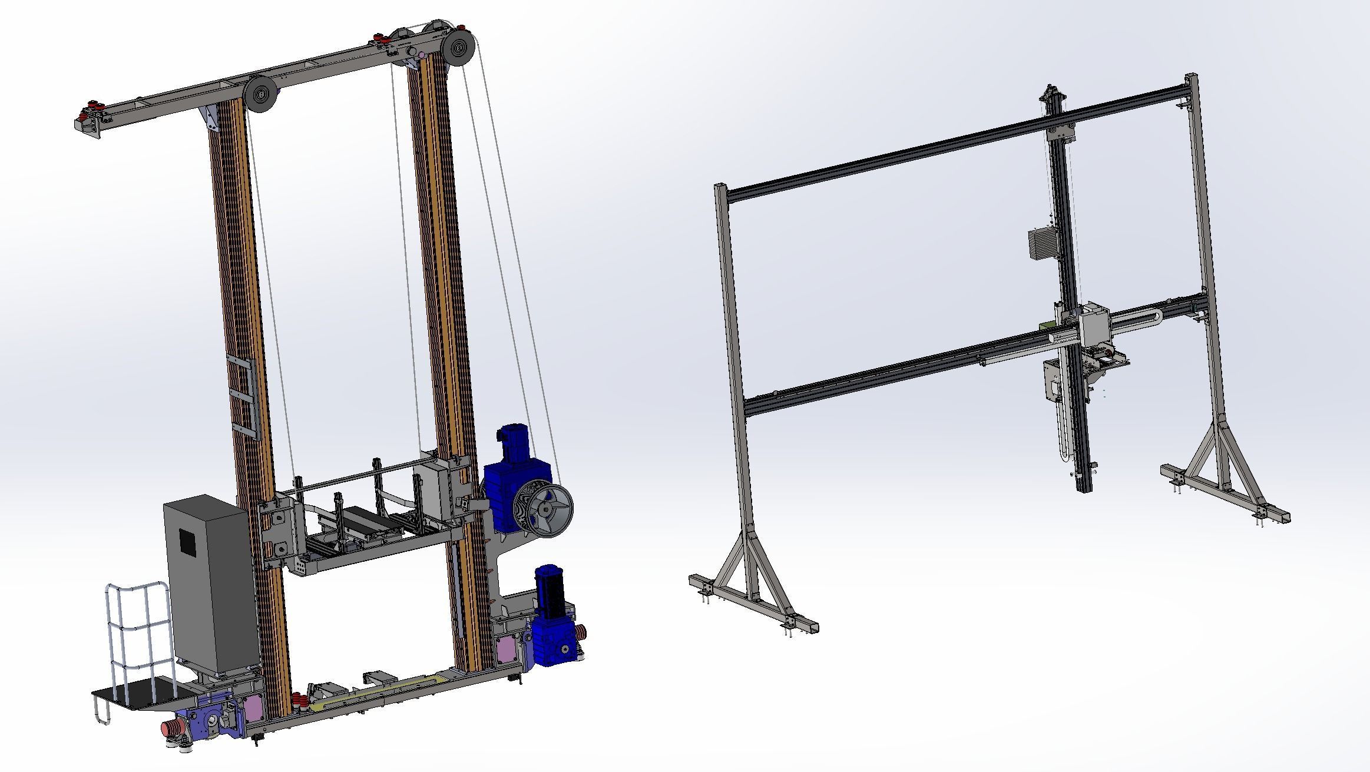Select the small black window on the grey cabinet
click(x=188, y=540)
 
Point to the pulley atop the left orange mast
click(x=261, y=92)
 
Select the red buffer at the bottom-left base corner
click(x=171, y=728)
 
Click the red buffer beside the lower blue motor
click(x=581, y=634)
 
